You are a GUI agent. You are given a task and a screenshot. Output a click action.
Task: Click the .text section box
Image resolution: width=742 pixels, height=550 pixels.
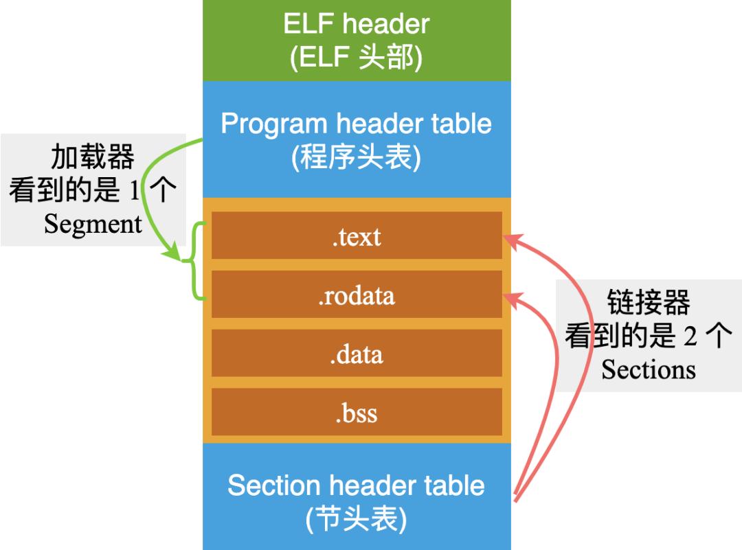(357, 236)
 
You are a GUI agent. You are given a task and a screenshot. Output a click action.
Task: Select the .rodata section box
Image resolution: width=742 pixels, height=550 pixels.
(357, 295)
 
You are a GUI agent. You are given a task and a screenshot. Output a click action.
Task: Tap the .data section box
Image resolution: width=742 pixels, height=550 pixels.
(357, 354)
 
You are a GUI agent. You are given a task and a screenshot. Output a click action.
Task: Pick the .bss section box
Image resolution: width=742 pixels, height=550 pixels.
(357, 413)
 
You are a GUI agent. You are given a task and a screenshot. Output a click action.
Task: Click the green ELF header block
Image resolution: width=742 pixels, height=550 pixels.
(357, 40)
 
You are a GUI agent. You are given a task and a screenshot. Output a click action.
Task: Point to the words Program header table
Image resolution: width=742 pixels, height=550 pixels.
(356, 124)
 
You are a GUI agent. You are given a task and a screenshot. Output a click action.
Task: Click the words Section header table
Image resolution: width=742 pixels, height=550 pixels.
(356, 485)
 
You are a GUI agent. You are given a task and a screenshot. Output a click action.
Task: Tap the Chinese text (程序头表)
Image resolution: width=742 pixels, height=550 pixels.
(356, 159)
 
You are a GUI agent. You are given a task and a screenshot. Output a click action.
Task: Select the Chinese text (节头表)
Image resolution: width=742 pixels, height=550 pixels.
(356, 519)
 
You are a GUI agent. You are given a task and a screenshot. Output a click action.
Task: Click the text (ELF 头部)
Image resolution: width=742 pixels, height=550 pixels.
(356, 58)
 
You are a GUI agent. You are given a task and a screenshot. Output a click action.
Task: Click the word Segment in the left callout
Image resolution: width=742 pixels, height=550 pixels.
(93, 224)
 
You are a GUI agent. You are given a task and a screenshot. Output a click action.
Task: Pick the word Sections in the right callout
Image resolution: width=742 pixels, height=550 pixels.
(649, 369)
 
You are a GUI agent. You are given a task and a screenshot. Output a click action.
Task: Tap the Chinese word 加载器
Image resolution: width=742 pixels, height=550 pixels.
(93, 158)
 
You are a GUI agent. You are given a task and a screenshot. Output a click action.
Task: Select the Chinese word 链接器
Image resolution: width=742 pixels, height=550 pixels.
(649, 302)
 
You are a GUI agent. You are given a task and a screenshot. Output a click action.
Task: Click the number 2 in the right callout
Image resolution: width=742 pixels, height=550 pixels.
(690, 336)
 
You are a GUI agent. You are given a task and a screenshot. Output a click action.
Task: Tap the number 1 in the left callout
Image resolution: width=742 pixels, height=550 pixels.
(135, 192)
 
